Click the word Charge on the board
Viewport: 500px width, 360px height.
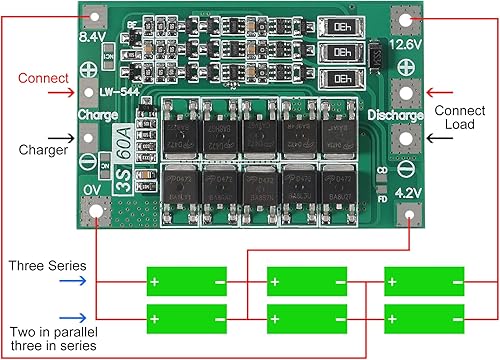point(98,115)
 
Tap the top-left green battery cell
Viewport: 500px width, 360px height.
point(187,280)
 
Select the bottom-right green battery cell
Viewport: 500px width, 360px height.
point(424,319)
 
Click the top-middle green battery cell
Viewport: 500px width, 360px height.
point(305,280)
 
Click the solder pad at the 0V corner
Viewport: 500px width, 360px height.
point(97,211)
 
